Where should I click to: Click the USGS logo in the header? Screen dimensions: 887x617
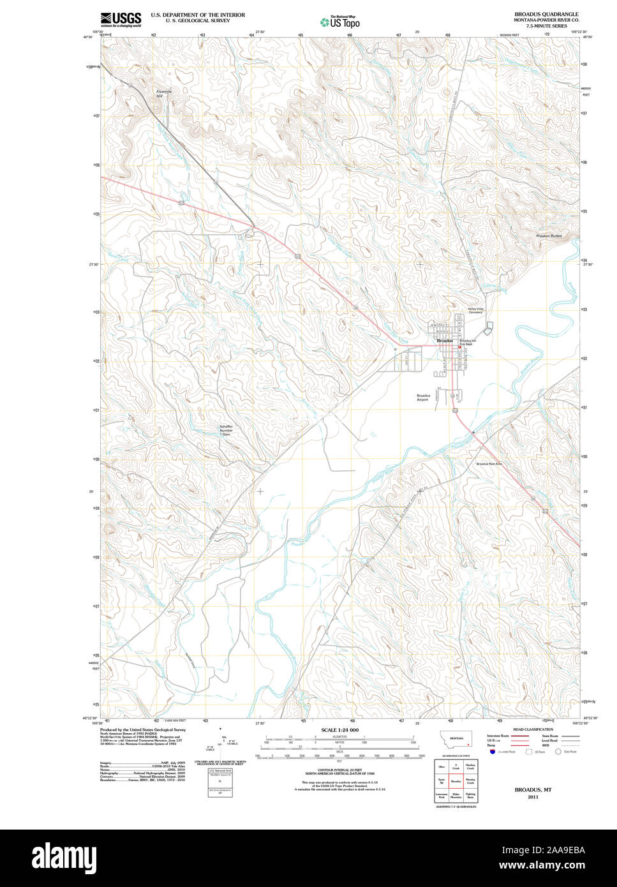tap(121, 19)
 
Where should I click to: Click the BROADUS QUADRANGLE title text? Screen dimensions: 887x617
tap(546, 14)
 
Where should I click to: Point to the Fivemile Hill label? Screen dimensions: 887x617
tap(164, 93)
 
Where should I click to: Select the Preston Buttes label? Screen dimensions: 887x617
tap(549, 236)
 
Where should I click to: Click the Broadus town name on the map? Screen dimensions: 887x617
tap(445, 341)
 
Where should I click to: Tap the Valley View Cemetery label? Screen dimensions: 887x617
tap(476, 311)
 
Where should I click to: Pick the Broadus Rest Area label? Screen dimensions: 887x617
tap(489, 463)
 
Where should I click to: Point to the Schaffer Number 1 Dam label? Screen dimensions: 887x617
tap(226, 430)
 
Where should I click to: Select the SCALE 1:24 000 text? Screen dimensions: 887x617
tap(339, 730)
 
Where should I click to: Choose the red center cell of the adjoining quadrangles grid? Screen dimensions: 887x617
tap(456, 780)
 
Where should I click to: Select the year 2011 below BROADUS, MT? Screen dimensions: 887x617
tap(533, 797)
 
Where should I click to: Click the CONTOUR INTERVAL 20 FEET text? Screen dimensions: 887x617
tap(339, 770)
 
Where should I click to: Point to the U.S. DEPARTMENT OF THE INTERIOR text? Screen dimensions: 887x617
tap(198, 15)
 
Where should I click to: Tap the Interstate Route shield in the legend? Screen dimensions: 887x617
tap(492, 752)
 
